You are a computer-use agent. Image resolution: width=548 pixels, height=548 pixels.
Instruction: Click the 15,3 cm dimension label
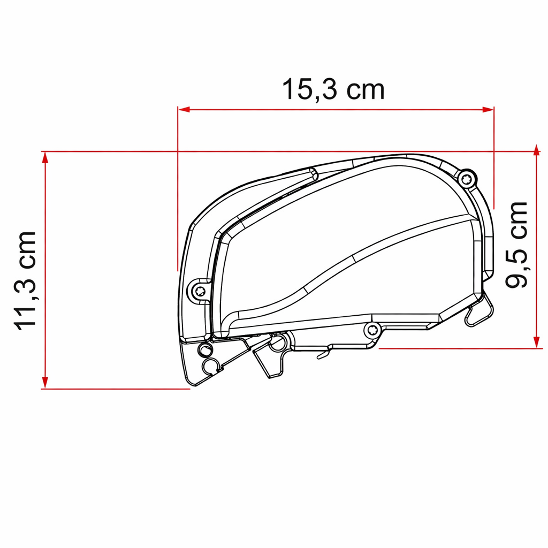coord(333,90)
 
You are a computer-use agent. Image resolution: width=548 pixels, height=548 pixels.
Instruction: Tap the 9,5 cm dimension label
coord(517,245)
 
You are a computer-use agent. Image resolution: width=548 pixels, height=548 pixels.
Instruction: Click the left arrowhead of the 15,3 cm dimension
coord(184,109)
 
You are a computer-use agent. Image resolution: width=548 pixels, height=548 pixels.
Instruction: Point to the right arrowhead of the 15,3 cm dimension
coord(488,109)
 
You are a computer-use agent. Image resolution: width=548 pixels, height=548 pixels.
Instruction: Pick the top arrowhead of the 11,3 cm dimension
coord(45,158)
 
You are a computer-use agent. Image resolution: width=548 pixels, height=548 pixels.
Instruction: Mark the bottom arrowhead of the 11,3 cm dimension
coord(45,382)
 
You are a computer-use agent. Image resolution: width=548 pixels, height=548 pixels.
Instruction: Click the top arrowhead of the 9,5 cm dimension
coord(537,150)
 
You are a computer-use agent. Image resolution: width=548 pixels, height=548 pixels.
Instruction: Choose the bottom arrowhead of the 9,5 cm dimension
coord(537,342)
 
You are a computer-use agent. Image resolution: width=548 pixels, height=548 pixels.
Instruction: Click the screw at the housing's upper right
coord(467,180)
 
